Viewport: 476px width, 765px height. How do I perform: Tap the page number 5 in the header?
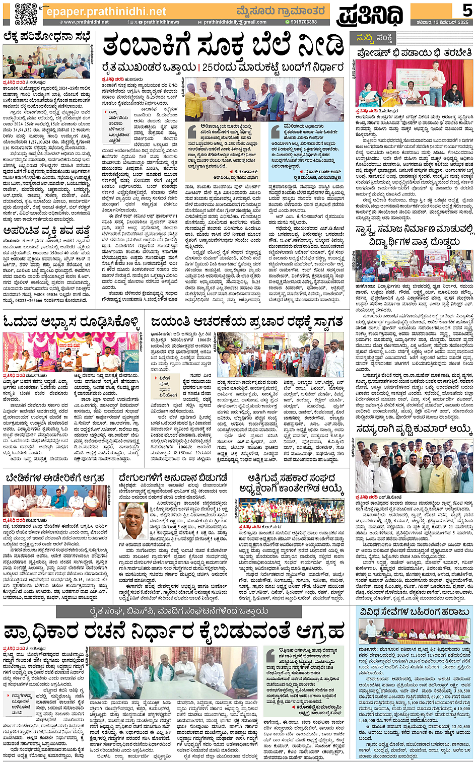[467, 10]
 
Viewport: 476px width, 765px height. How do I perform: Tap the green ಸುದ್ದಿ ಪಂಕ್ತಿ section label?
[374, 38]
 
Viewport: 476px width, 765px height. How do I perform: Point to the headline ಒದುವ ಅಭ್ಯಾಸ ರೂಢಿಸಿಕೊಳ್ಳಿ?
[71, 321]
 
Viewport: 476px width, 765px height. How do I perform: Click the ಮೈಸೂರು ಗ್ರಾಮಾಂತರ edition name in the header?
[281, 11]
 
